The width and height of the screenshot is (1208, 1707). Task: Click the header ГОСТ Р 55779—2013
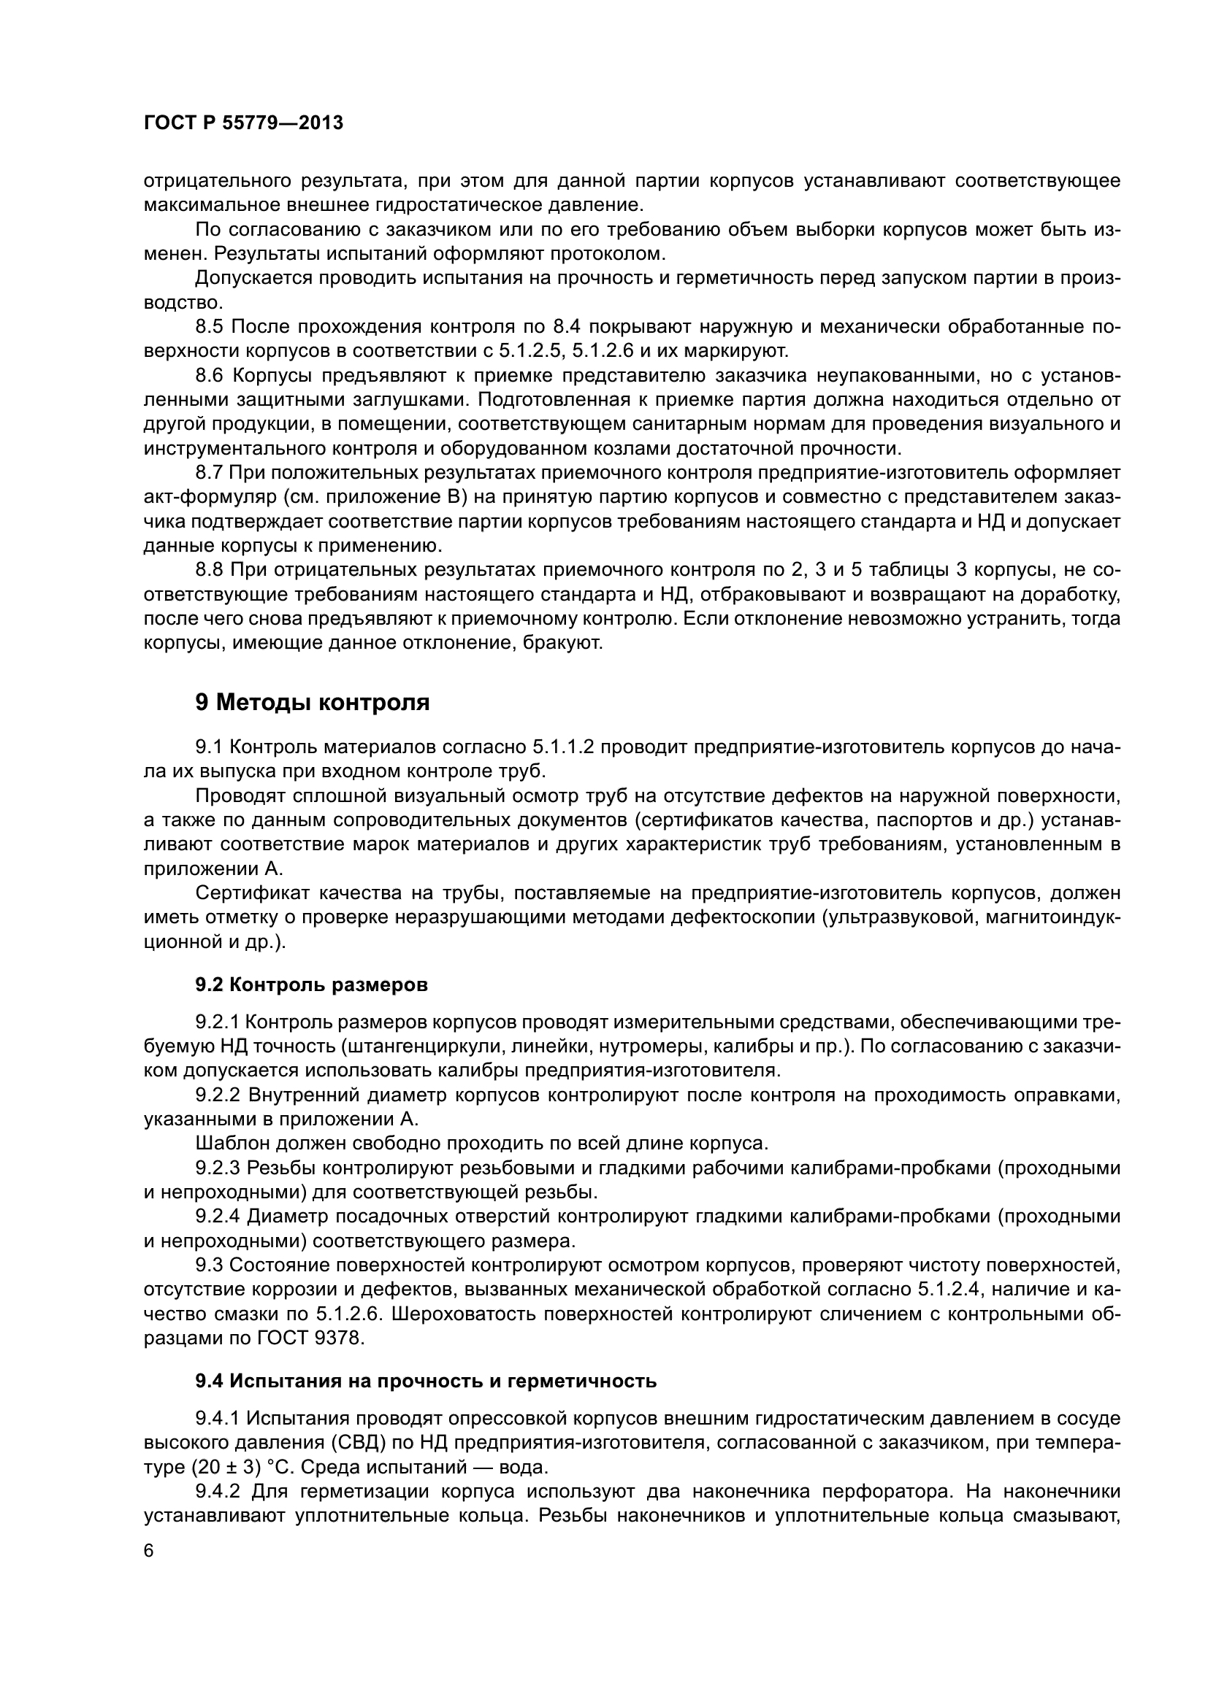point(243,123)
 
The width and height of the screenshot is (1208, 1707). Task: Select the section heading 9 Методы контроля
point(313,702)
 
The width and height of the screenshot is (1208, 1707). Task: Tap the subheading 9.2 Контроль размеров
point(312,985)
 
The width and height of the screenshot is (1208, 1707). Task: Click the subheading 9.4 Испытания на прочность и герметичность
point(427,1382)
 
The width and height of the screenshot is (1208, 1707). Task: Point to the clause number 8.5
point(210,326)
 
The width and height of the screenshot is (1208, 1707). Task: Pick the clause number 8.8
point(210,570)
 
